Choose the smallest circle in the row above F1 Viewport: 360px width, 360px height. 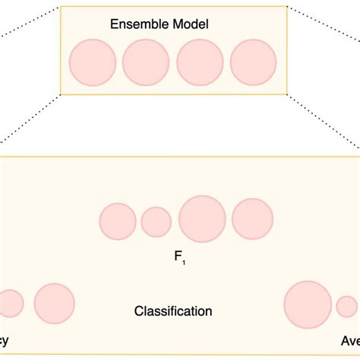click(156, 222)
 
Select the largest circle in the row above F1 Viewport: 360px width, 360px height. click(202, 219)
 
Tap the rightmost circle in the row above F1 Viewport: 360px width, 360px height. click(252, 219)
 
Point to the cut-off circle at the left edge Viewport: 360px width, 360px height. click(10, 304)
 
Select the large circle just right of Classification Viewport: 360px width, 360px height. click(307, 305)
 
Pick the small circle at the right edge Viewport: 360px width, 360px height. click(346, 306)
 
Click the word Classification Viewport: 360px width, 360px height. click(173, 311)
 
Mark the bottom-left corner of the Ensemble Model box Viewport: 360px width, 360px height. click(60, 95)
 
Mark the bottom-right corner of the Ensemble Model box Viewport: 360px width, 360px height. click(286, 95)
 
